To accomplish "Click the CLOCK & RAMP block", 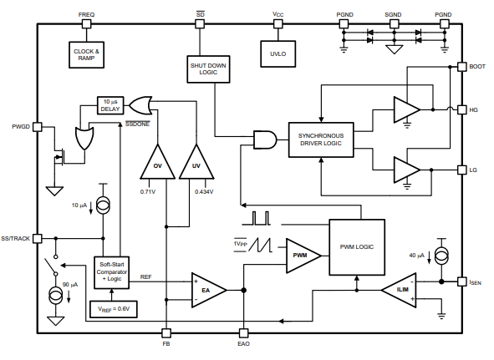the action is point(86,55).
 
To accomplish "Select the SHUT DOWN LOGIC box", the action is point(208,69).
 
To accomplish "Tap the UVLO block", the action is point(278,53).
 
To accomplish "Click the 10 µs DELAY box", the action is point(110,105).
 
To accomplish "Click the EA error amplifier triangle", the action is point(208,290).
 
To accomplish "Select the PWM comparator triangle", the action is point(303,256).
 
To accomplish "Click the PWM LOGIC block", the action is point(357,247).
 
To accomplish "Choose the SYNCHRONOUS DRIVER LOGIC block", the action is point(321,139).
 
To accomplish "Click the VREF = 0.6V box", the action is point(114,309).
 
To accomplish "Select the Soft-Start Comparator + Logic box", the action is point(111,272).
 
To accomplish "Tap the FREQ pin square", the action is point(86,23).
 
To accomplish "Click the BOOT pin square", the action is point(462,67).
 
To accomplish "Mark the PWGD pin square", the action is point(38,127).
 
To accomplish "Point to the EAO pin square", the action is point(243,333).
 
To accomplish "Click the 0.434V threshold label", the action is point(204,191).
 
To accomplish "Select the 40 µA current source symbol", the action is point(441,256).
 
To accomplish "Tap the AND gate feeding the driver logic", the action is point(265,139).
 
